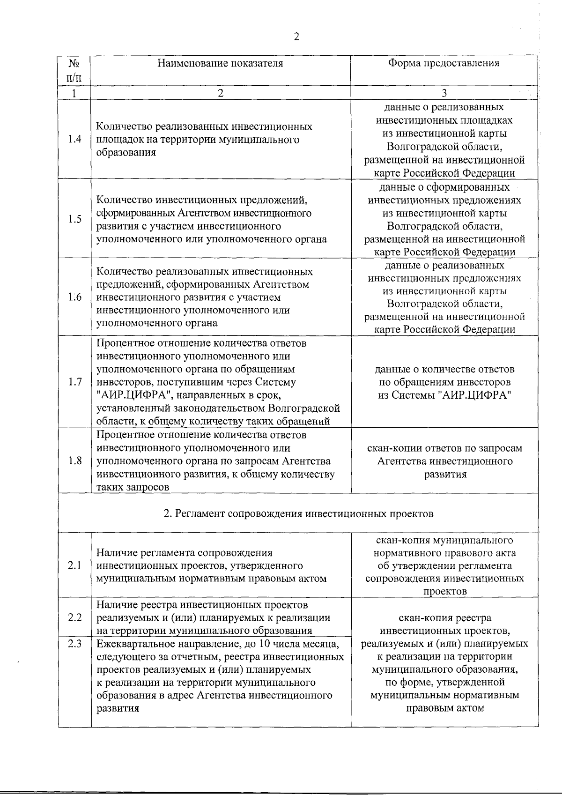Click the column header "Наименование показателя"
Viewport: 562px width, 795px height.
coord(220,63)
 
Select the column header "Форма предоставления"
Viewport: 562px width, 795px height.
coord(444,63)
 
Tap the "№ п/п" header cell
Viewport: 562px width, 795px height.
coord(74,69)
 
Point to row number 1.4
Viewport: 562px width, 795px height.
coord(74,139)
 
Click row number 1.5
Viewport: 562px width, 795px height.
coord(74,219)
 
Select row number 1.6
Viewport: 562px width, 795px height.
coord(74,297)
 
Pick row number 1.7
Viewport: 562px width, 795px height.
coord(74,382)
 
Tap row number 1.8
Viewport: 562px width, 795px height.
coord(74,461)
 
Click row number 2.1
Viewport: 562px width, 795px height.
coord(74,565)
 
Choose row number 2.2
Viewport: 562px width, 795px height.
coord(74,617)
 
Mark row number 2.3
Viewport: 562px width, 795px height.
coord(74,644)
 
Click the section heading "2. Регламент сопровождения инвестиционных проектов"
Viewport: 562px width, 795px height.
coord(298,513)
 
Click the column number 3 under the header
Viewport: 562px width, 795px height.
coord(444,93)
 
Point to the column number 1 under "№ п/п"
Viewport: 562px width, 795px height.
coord(74,93)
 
